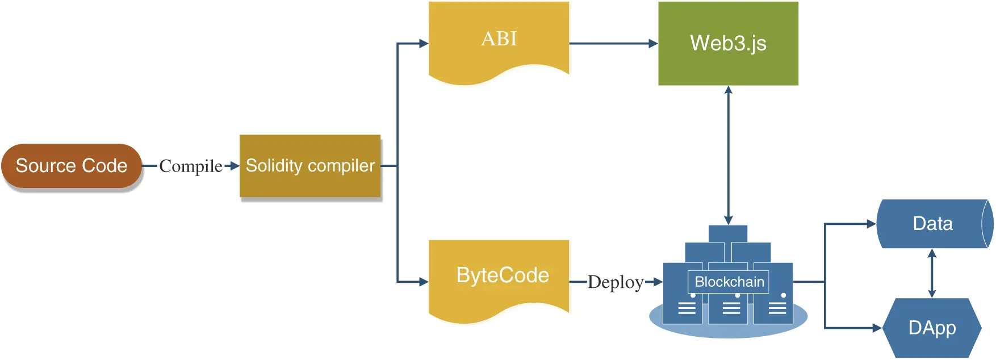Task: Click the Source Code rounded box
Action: click(x=72, y=166)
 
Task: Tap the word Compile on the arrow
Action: click(x=191, y=166)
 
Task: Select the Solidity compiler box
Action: click(x=310, y=166)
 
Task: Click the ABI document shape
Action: click(x=499, y=40)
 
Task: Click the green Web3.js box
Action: click(x=728, y=43)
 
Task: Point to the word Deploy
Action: click(x=616, y=282)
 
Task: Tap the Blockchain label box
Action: click(x=729, y=282)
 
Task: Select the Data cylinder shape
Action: click(x=932, y=224)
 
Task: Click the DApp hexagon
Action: click(x=932, y=328)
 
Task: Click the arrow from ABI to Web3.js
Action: click(x=613, y=43)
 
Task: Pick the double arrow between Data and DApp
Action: click(x=932, y=274)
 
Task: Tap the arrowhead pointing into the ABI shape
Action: click(x=424, y=43)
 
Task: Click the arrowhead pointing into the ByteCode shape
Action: click(x=424, y=282)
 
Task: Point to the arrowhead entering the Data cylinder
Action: click(x=872, y=224)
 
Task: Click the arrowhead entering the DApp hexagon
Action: click(x=877, y=328)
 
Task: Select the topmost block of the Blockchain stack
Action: click(x=728, y=233)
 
